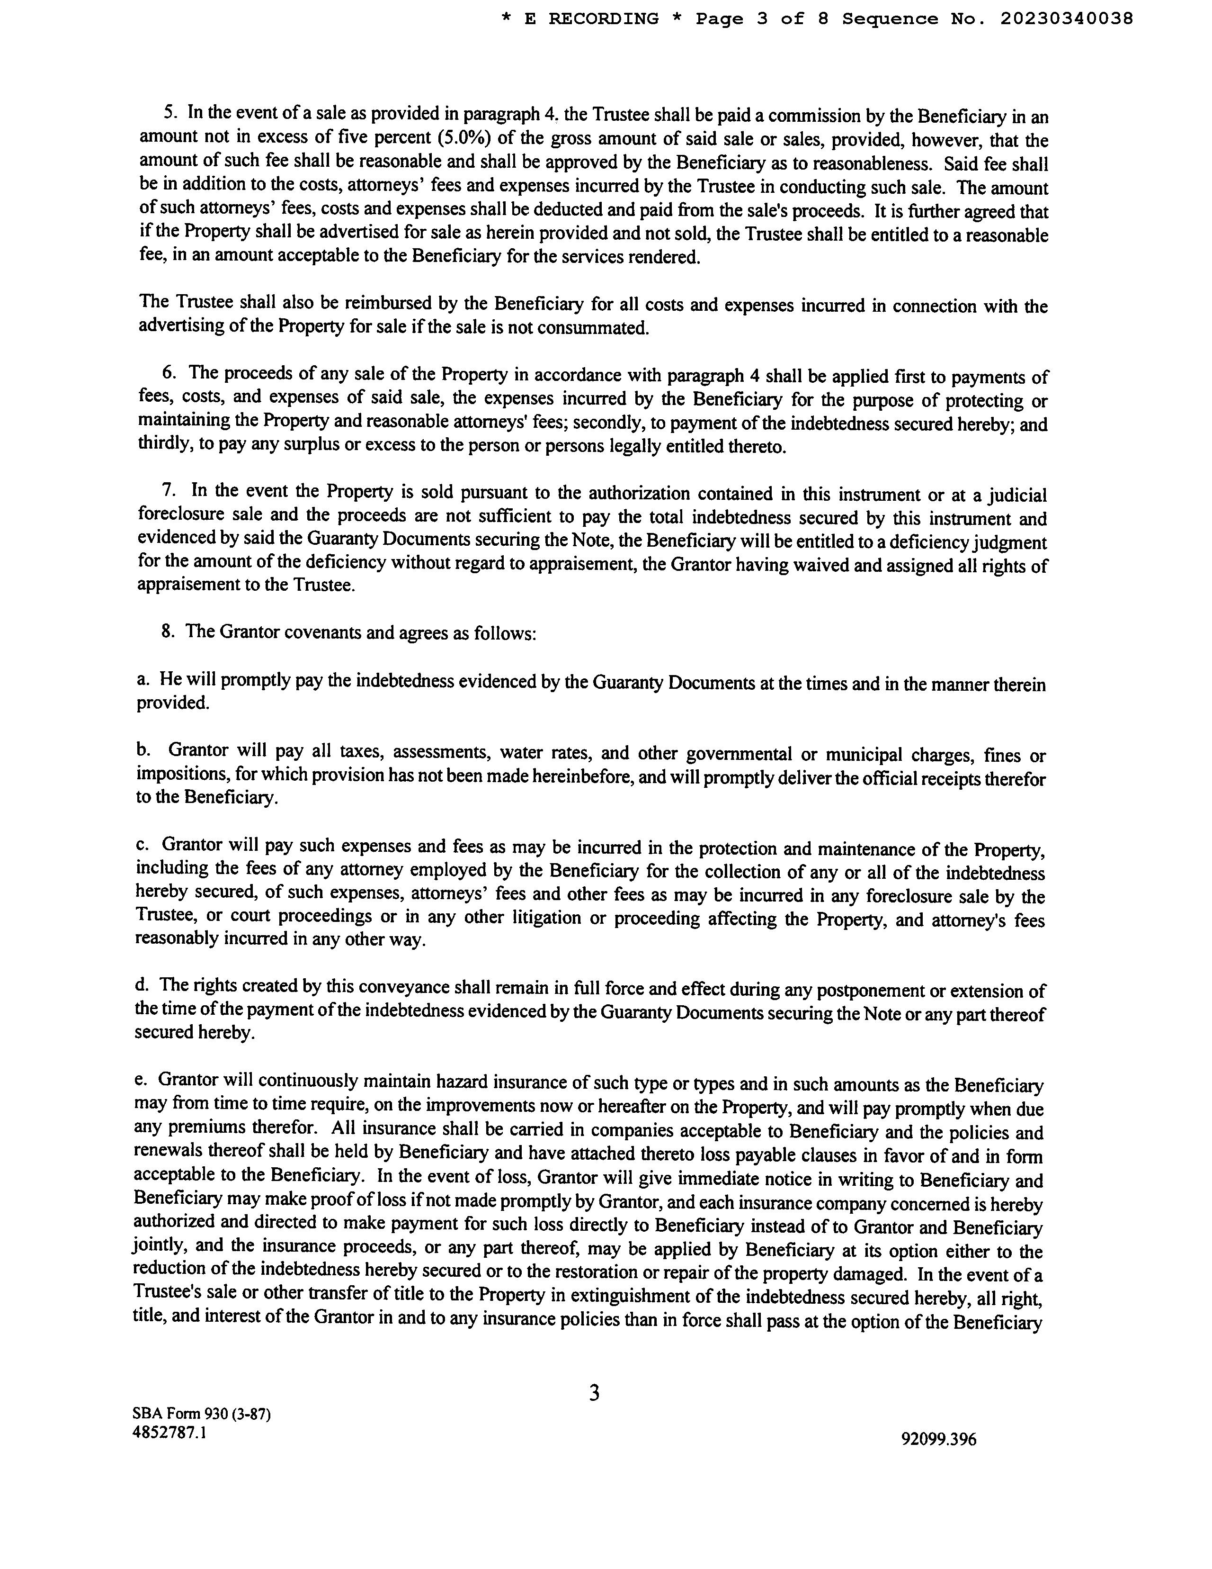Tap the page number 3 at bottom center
[x=594, y=1393]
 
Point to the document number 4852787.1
[x=169, y=1432]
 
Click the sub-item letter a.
[x=142, y=679]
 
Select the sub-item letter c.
[x=142, y=845]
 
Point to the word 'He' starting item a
[x=169, y=679]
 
